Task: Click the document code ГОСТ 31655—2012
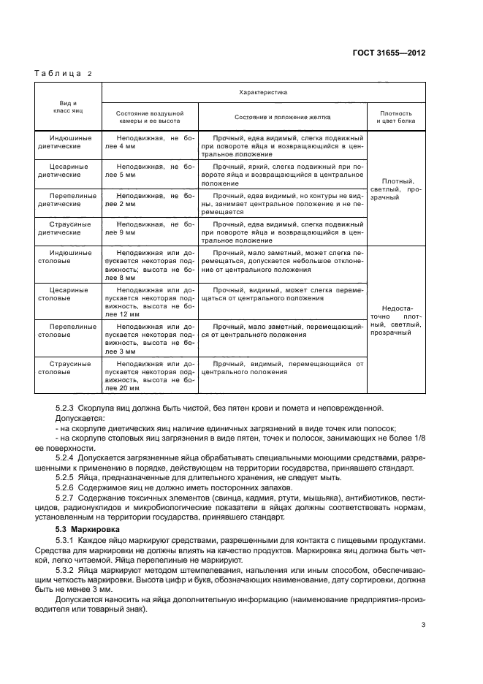[389, 53]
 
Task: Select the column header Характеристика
[263, 93]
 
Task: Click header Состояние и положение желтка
[282, 117]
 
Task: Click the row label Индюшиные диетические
[69, 142]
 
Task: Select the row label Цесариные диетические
[67, 171]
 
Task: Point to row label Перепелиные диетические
[69, 200]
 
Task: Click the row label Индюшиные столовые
[69, 257]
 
